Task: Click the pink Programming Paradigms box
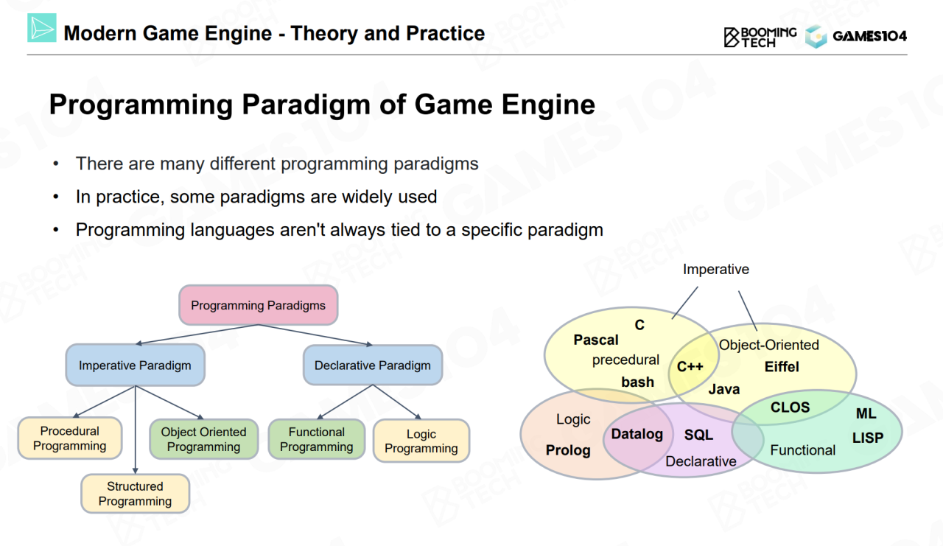pyautogui.click(x=258, y=305)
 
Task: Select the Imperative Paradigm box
pyautogui.click(x=135, y=365)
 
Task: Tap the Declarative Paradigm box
pyautogui.click(x=372, y=365)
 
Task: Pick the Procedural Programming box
pyautogui.click(x=70, y=438)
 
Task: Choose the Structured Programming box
pyautogui.click(x=135, y=494)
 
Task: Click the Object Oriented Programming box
pyautogui.click(x=203, y=439)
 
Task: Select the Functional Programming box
pyautogui.click(x=316, y=439)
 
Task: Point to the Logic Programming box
pyautogui.click(x=421, y=441)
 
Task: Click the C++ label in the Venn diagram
pyautogui.click(x=690, y=366)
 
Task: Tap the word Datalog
pyautogui.click(x=637, y=434)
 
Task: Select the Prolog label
pyautogui.click(x=568, y=450)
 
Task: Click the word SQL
pyautogui.click(x=698, y=435)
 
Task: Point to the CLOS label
pyautogui.click(x=790, y=407)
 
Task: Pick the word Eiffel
pyautogui.click(x=782, y=367)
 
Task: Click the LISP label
pyautogui.click(x=868, y=438)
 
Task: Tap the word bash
pyautogui.click(x=637, y=382)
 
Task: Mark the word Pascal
pyautogui.click(x=596, y=340)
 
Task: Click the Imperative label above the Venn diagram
pyautogui.click(x=715, y=270)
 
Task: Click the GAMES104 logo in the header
pyautogui.click(x=856, y=35)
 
